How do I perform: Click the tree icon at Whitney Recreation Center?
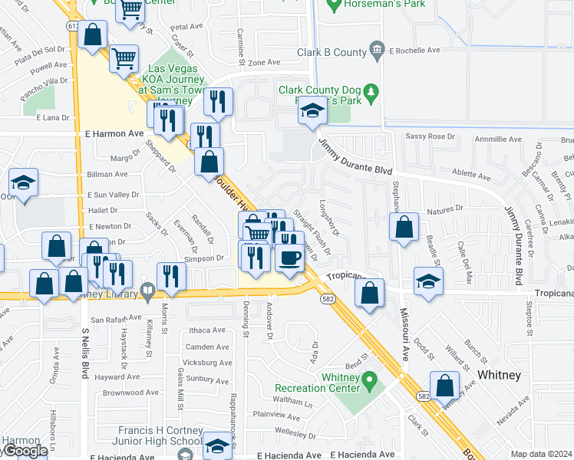[x=369, y=379]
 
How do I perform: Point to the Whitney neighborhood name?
[x=499, y=375]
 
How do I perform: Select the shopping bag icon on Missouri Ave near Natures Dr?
[x=403, y=227]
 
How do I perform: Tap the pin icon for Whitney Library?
[x=149, y=291]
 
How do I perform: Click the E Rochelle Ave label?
[x=414, y=51]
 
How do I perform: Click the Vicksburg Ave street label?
[x=204, y=363]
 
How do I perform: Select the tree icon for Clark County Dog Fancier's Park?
[x=371, y=92]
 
